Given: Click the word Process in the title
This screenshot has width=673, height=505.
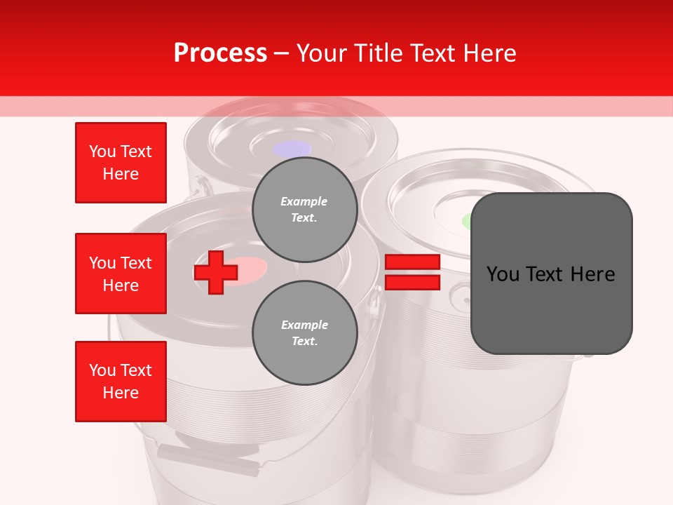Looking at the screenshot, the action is (220, 53).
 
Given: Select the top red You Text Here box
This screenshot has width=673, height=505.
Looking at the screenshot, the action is (121, 163).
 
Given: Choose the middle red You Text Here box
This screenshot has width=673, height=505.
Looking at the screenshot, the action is (121, 274).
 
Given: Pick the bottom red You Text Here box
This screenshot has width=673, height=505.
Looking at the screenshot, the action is (121, 382).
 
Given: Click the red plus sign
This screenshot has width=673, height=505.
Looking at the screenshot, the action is (215, 272).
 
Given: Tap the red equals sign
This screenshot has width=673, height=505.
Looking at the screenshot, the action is (412, 272).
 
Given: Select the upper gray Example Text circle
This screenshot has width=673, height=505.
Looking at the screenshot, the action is (305, 210).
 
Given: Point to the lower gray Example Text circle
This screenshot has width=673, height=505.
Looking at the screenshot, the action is (305, 332).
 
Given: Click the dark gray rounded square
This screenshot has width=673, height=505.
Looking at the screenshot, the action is (552, 274).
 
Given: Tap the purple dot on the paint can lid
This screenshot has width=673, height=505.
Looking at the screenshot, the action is (292, 149).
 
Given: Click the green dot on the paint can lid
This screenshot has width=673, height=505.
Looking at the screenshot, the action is (467, 222).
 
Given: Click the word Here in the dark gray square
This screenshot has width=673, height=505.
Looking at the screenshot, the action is (593, 274).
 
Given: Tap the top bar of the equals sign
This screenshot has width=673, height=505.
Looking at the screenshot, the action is (412, 262).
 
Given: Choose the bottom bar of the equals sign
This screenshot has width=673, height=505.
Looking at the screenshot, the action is (412, 283).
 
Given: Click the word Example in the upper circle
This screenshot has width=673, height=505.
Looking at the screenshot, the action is (304, 201).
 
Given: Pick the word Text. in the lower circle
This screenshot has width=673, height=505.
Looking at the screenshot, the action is (305, 341).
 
